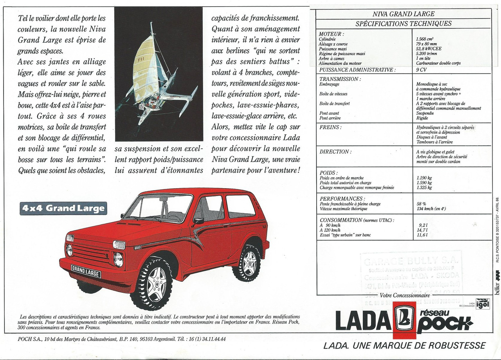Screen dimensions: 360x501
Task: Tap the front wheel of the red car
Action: [x=151, y=283]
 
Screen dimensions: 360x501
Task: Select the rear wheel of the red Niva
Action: [x=247, y=263]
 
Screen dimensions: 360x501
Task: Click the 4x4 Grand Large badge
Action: [x=63, y=208]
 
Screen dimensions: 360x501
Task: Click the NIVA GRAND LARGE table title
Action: [x=403, y=14]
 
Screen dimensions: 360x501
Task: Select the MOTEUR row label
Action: [x=331, y=34]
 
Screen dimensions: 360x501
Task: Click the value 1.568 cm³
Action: [x=425, y=39]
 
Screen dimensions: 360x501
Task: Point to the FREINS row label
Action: [x=330, y=127]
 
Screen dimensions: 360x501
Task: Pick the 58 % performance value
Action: [x=422, y=204]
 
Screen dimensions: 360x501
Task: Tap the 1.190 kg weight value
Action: [x=424, y=178]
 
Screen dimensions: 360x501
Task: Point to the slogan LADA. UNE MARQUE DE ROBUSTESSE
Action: [x=404, y=346]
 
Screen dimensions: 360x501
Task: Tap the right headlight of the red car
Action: [x=118, y=259]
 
